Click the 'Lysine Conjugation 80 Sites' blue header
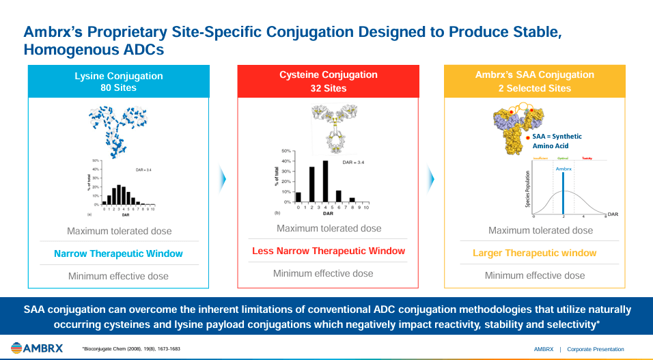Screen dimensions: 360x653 (119, 82)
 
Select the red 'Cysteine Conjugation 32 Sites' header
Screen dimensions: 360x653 (328, 81)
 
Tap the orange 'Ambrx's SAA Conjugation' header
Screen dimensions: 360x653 (534, 81)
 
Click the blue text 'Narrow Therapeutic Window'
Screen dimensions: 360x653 (119, 253)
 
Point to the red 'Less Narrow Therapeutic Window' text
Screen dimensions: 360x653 (328, 251)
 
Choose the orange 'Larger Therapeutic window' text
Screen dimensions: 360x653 (534, 253)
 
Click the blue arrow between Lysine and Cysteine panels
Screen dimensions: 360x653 (223, 179)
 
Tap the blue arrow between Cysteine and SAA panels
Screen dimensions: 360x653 (431, 179)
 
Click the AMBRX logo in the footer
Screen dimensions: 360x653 (37, 348)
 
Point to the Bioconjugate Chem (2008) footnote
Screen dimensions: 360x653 (131, 349)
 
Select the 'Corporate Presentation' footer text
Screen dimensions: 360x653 (595, 349)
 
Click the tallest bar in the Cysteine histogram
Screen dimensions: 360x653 (325, 181)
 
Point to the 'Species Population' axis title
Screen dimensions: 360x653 (528, 190)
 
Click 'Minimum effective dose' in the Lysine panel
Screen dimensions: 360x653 (118, 276)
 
